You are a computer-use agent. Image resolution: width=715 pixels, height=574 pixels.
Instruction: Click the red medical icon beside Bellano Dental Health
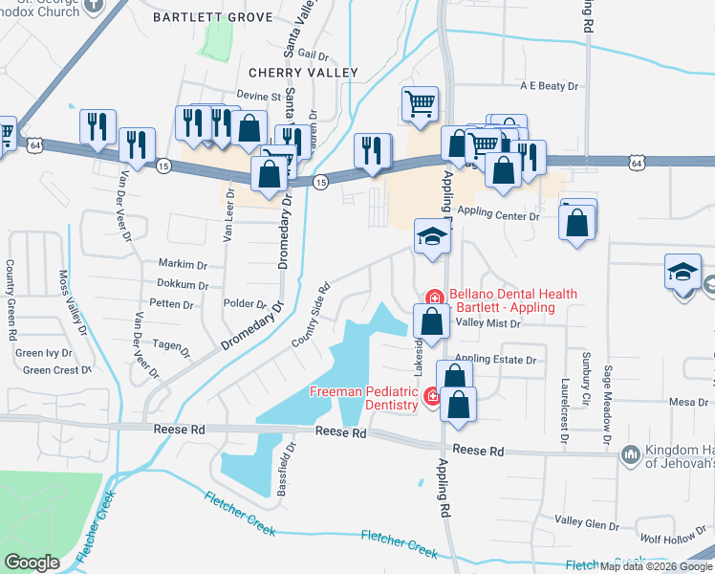click(432, 298)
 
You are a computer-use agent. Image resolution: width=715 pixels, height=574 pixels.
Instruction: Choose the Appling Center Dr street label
click(498, 216)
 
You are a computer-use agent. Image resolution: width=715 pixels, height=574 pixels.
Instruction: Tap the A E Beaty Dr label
click(550, 86)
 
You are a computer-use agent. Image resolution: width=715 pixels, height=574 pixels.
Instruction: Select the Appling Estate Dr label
click(496, 360)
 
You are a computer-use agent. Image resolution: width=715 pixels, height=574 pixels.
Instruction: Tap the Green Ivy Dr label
click(46, 353)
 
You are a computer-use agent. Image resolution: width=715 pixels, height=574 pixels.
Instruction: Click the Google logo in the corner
click(32, 563)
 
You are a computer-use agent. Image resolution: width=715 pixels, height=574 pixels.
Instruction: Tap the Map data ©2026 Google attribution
click(656, 566)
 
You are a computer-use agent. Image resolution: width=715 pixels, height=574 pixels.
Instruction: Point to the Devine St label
click(259, 97)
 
